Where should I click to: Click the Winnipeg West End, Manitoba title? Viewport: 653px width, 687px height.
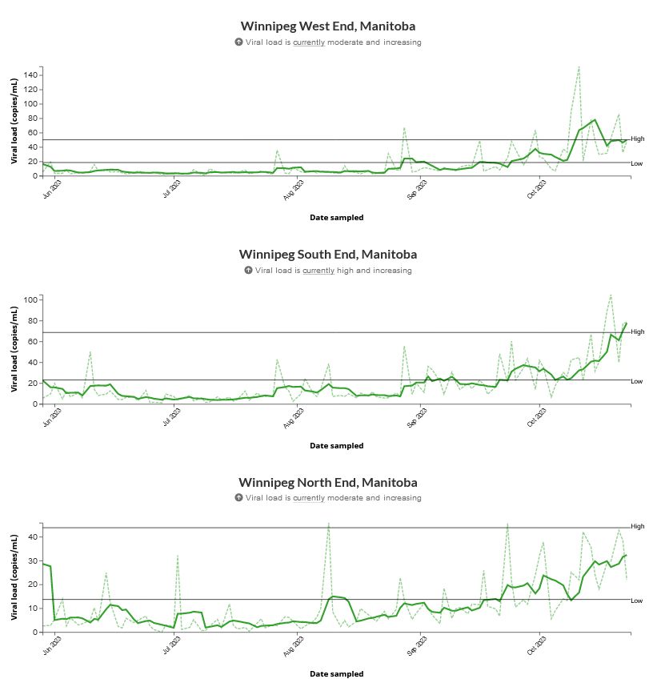(x=327, y=26)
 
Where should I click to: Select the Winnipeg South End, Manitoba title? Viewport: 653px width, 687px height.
(x=327, y=255)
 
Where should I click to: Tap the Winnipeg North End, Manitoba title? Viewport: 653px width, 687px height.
(x=327, y=483)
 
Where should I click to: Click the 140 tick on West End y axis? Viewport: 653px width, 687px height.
(x=30, y=74)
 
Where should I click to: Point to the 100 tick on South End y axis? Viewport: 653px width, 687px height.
(x=30, y=300)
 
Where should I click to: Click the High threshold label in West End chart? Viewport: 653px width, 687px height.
(x=637, y=139)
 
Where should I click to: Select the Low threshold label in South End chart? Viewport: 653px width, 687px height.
(x=636, y=381)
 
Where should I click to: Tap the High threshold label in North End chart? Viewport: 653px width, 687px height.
(x=637, y=527)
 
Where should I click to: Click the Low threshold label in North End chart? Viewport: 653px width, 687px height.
(x=636, y=601)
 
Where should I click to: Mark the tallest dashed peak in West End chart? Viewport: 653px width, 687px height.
(x=578, y=67)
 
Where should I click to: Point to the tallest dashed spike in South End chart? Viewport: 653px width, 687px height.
(x=611, y=295)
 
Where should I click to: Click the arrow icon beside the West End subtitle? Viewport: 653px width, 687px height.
(x=238, y=42)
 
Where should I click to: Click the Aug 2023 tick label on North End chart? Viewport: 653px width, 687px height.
(x=295, y=646)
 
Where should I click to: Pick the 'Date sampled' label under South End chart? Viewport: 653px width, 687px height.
(x=336, y=446)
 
